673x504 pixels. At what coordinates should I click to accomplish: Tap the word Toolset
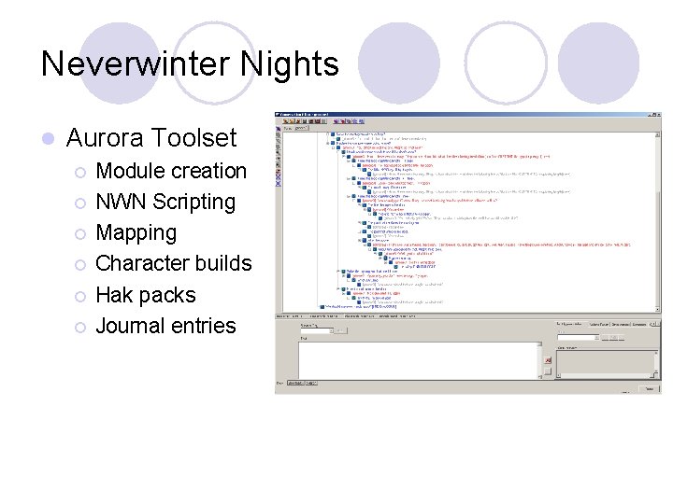[199, 139]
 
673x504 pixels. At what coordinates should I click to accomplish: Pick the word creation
[209, 171]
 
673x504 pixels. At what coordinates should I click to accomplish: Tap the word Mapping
[136, 233]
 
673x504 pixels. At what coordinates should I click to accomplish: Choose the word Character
[143, 263]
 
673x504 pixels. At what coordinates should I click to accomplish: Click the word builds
[224, 263]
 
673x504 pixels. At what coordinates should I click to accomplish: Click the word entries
[205, 326]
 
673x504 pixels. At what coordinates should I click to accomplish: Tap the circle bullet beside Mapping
[81, 233]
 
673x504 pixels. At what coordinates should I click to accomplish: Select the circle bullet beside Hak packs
[81, 296]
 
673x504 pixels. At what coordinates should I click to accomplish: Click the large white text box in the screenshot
[420, 358]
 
